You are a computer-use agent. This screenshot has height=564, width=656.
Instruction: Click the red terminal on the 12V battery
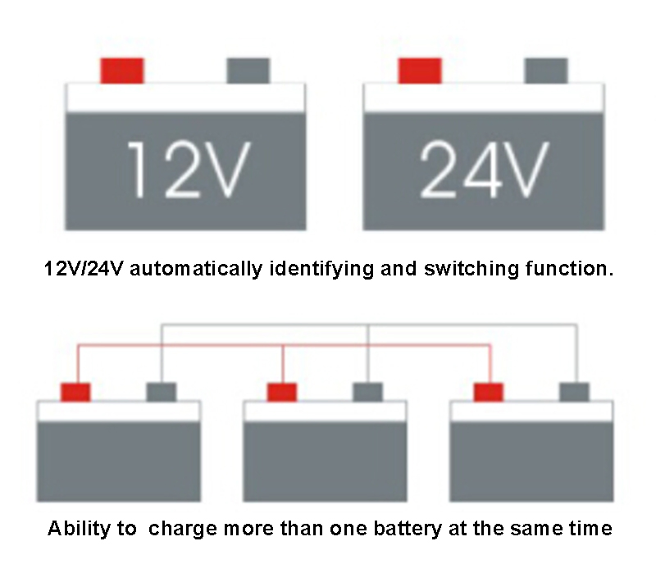[122, 70]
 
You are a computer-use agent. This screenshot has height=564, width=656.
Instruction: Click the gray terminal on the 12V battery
[248, 70]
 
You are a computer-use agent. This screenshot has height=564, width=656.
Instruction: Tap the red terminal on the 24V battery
[420, 70]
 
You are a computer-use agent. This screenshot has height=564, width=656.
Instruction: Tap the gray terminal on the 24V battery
[545, 70]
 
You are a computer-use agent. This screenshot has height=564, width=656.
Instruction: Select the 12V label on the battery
[185, 170]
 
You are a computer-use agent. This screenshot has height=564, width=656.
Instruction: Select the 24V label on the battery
[483, 170]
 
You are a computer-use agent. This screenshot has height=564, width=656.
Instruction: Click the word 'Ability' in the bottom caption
[80, 529]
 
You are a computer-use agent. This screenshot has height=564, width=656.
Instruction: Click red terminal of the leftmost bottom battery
[76, 392]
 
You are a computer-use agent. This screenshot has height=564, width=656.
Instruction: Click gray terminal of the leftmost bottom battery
[161, 392]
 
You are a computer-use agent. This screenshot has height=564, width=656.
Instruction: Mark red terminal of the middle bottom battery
[282, 392]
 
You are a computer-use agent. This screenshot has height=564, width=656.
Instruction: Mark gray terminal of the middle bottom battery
[367, 392]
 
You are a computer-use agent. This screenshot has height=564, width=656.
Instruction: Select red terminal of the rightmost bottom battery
[489, 392]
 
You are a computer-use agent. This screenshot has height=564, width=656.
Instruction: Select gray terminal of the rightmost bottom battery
[574, 392]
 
